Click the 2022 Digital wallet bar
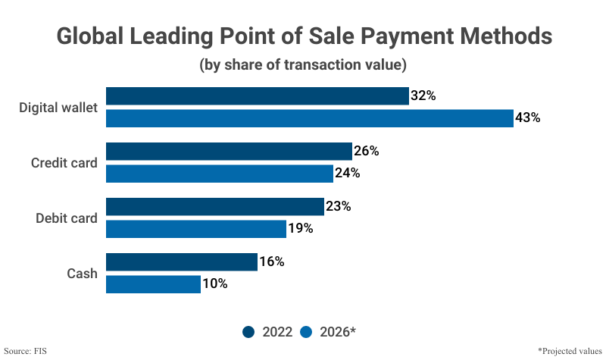(257, 95)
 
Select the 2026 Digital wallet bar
(309, 118)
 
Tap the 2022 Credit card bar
(229, 151)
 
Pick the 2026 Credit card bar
(219, 174)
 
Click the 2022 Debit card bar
(214, 206)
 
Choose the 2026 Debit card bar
(195, 229)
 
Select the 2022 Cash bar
(182, 261)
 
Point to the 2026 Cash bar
(153, 284)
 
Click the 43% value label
(527, 118)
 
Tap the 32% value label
(423, 95)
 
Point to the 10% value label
(214, 284)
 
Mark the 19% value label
(300, 229)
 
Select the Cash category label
(81, 273)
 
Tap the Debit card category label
(67, 218)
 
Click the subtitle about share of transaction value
(303, 64)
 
